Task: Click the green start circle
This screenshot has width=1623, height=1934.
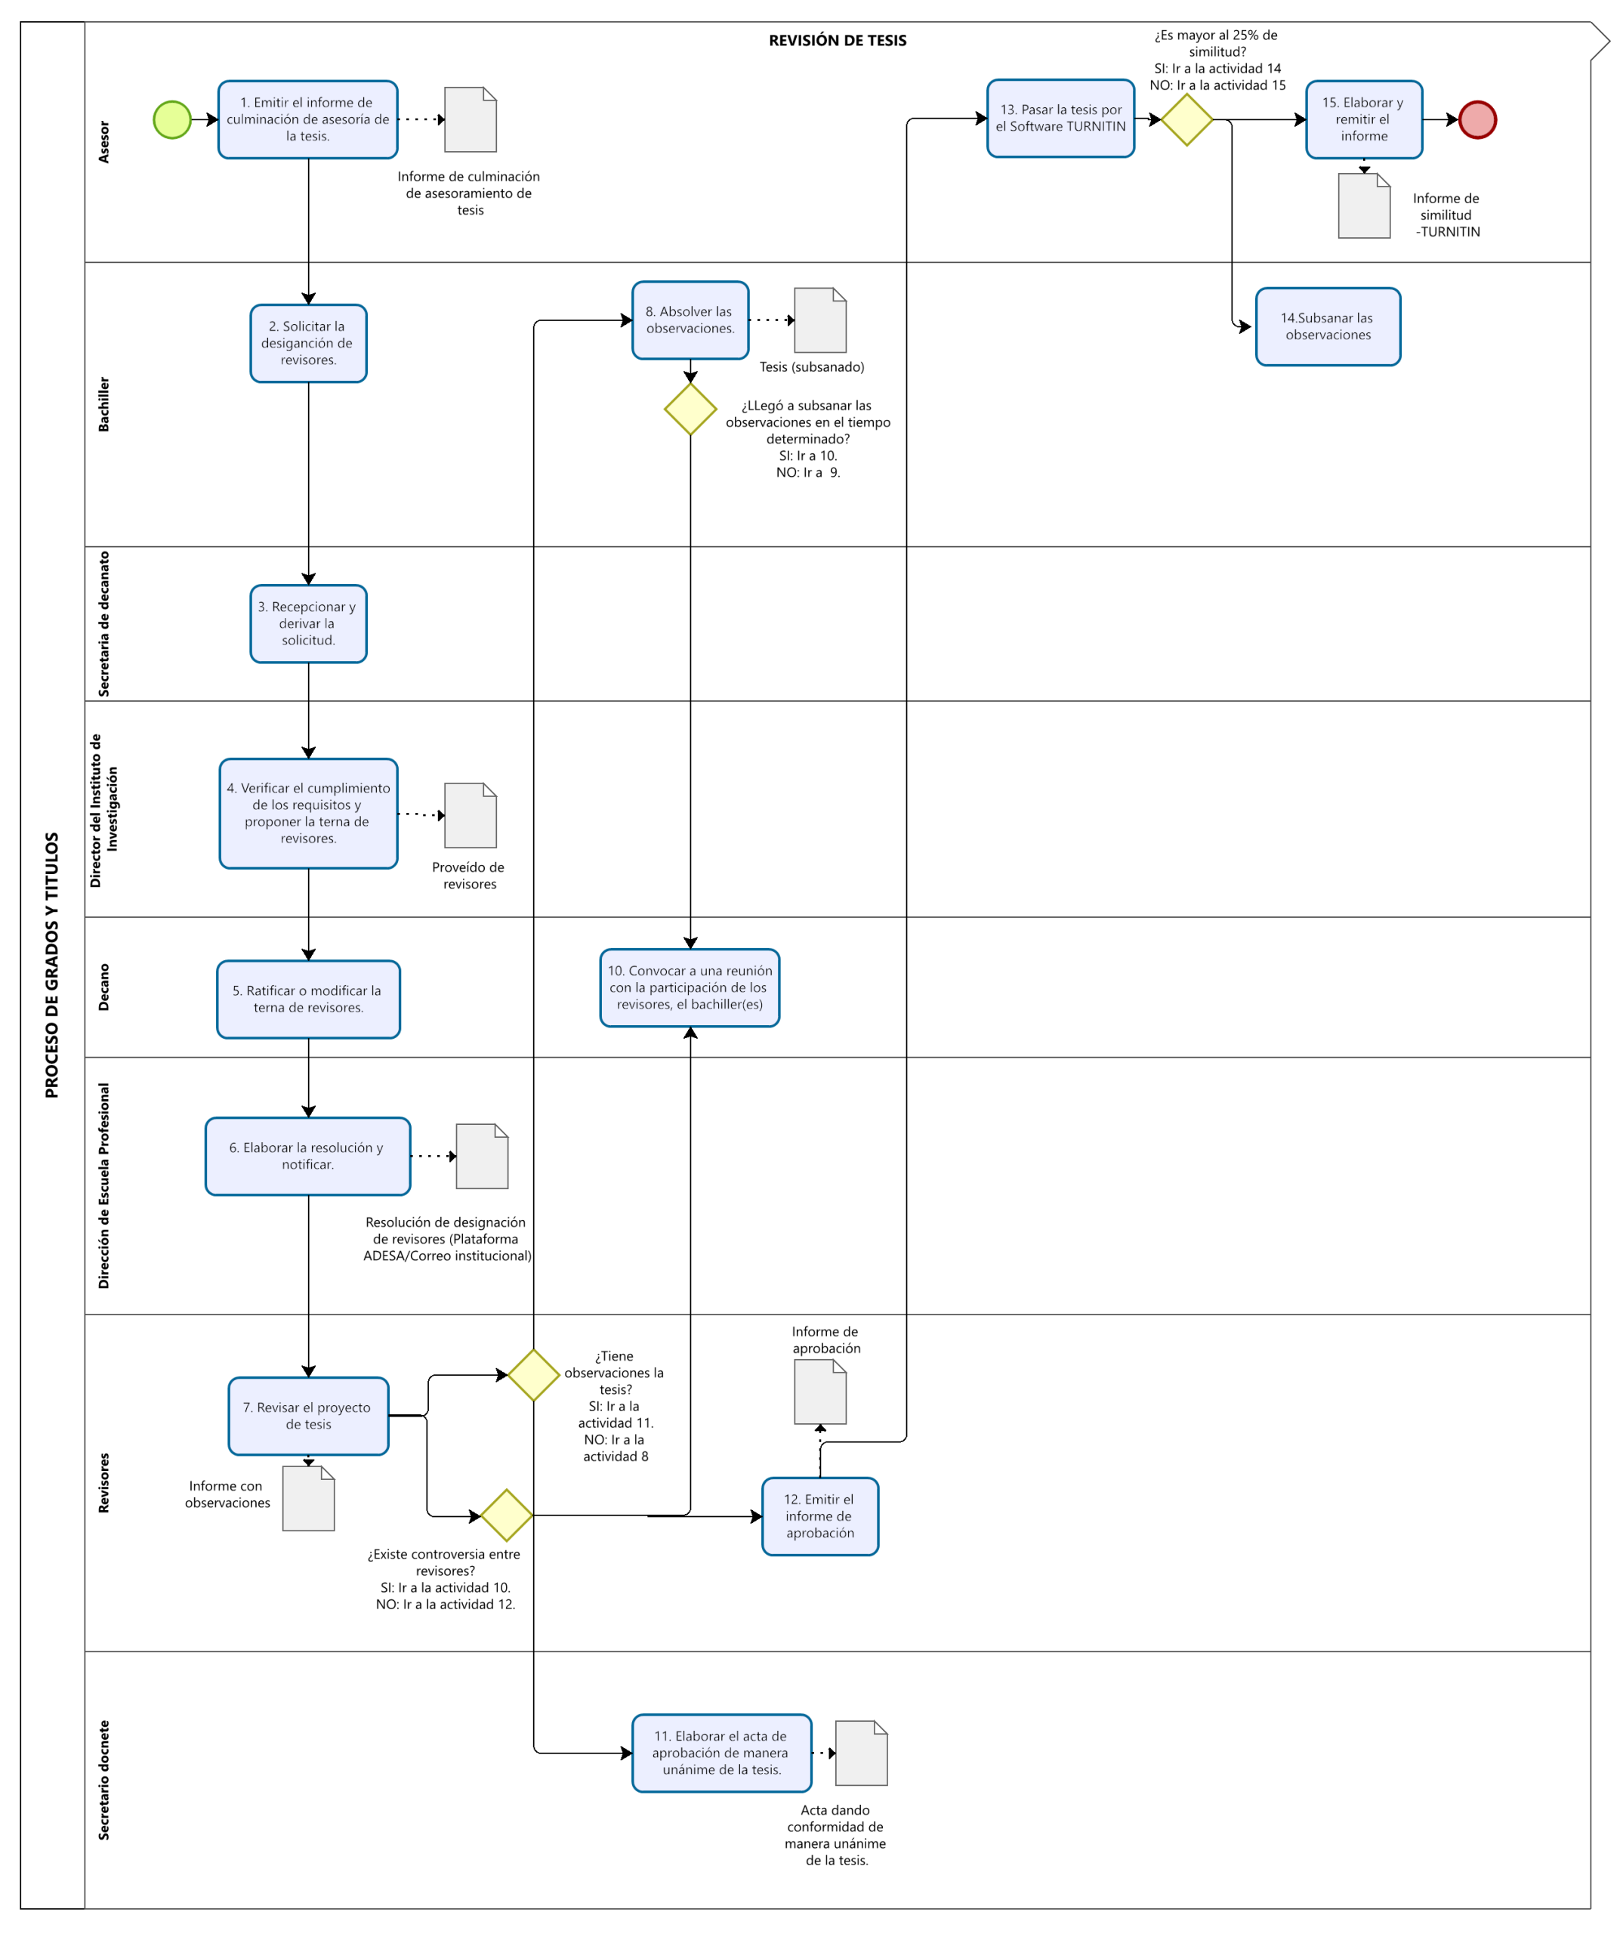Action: point(172,119)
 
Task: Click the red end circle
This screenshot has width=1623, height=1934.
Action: point(1476,119)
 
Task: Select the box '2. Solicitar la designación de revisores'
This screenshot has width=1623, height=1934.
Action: point(308,344)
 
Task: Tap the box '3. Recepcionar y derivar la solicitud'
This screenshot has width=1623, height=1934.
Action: point(308,623)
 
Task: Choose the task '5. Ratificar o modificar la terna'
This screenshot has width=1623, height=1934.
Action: point(308,999)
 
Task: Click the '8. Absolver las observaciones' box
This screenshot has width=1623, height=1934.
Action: point(690,320)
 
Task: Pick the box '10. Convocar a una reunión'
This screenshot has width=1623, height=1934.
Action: point(690,987)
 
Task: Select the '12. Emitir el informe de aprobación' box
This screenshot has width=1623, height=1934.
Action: point(820,1516)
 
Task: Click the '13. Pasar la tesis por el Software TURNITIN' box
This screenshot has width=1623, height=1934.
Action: point(1060,118)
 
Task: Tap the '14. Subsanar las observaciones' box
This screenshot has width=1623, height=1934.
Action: point(1328,327)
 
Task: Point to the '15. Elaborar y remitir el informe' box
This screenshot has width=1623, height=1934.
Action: point(1363,119)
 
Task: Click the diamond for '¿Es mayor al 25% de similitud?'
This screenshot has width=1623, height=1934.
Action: point(1186,119)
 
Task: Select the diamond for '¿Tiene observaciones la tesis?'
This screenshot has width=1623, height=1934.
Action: point(534,1375)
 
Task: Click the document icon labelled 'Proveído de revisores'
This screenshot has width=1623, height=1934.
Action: point(471,815)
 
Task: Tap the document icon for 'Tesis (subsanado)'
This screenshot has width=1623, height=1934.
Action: point(820,320)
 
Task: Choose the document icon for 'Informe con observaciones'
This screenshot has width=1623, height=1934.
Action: point(308,1498)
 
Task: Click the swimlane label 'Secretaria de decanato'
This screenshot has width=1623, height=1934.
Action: point(104,623)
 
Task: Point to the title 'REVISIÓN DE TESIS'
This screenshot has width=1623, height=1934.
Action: point(838,41)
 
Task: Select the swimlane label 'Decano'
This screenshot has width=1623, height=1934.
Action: point(104,987)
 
